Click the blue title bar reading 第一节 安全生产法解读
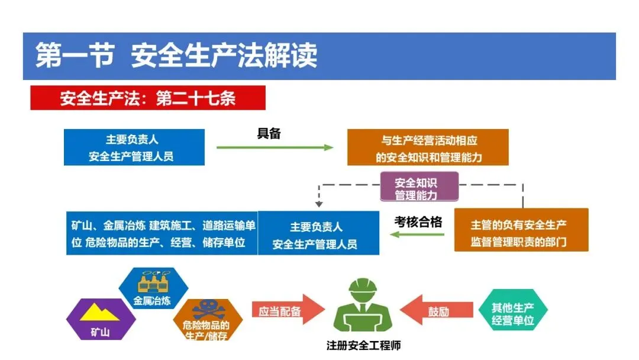[x=319, y=56]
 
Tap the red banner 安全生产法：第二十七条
[x=148, y=98]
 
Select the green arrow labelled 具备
[x=275, y=147]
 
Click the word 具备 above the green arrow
[x=269, y=134]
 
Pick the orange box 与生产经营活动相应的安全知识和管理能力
[x=428, y=147]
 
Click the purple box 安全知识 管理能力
[x=418, y=188]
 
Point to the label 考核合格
[x=418, y=222]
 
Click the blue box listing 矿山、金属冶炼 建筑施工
[x=162, y=233]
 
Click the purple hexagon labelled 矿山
[x=100, y=320]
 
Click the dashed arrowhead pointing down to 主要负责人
[x=319, y=204]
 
